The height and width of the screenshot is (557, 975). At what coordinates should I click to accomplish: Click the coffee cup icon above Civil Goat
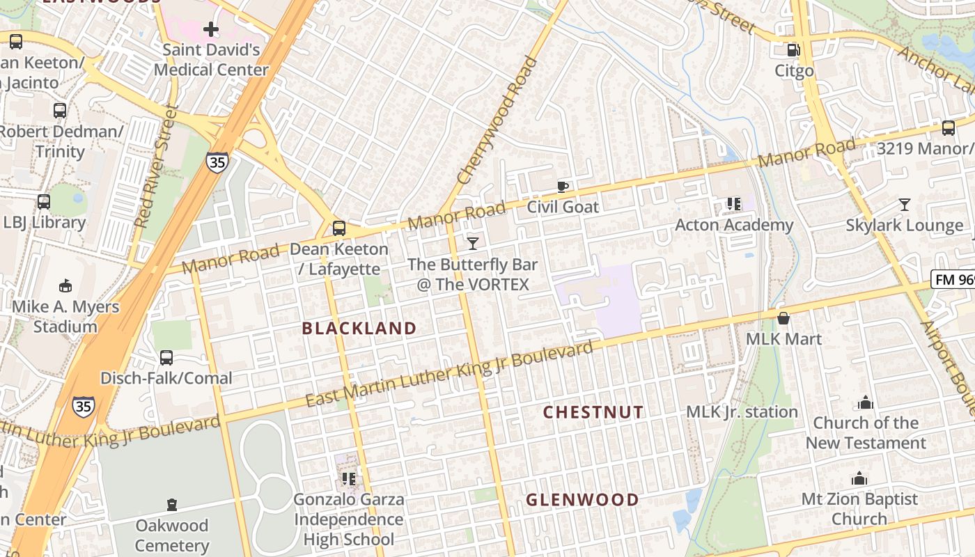[563, 187]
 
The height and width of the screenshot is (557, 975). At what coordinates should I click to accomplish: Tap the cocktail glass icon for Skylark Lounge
[904, 205]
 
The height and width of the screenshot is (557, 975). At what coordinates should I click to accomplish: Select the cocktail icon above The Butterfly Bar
[473, 243]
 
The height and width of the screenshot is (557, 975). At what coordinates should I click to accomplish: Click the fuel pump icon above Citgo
[793, 50]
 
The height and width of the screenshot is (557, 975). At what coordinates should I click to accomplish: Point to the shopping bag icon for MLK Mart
[783, 318]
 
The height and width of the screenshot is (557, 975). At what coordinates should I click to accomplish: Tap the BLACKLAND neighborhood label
[359, 329]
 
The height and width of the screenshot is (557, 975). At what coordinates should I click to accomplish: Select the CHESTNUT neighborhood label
[593, 412]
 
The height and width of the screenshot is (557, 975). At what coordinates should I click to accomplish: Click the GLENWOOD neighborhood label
[582, 500]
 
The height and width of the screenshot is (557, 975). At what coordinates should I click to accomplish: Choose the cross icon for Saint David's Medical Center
[211, 29]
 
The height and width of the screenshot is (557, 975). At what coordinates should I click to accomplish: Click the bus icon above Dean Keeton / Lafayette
[339, 228]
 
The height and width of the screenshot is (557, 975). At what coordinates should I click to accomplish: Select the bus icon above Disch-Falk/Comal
[166, 358]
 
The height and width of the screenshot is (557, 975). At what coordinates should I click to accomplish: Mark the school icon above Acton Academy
[733, 204]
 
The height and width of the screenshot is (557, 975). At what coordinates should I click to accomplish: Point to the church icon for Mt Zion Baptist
[859, 478]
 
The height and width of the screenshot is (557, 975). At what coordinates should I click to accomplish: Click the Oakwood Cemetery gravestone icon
[172, 505]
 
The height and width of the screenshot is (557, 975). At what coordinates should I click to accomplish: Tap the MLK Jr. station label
[742, 411]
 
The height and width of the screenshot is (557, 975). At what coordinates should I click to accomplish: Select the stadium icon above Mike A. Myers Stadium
[65, 285]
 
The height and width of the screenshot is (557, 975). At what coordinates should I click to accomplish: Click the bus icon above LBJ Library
[44, 202]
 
